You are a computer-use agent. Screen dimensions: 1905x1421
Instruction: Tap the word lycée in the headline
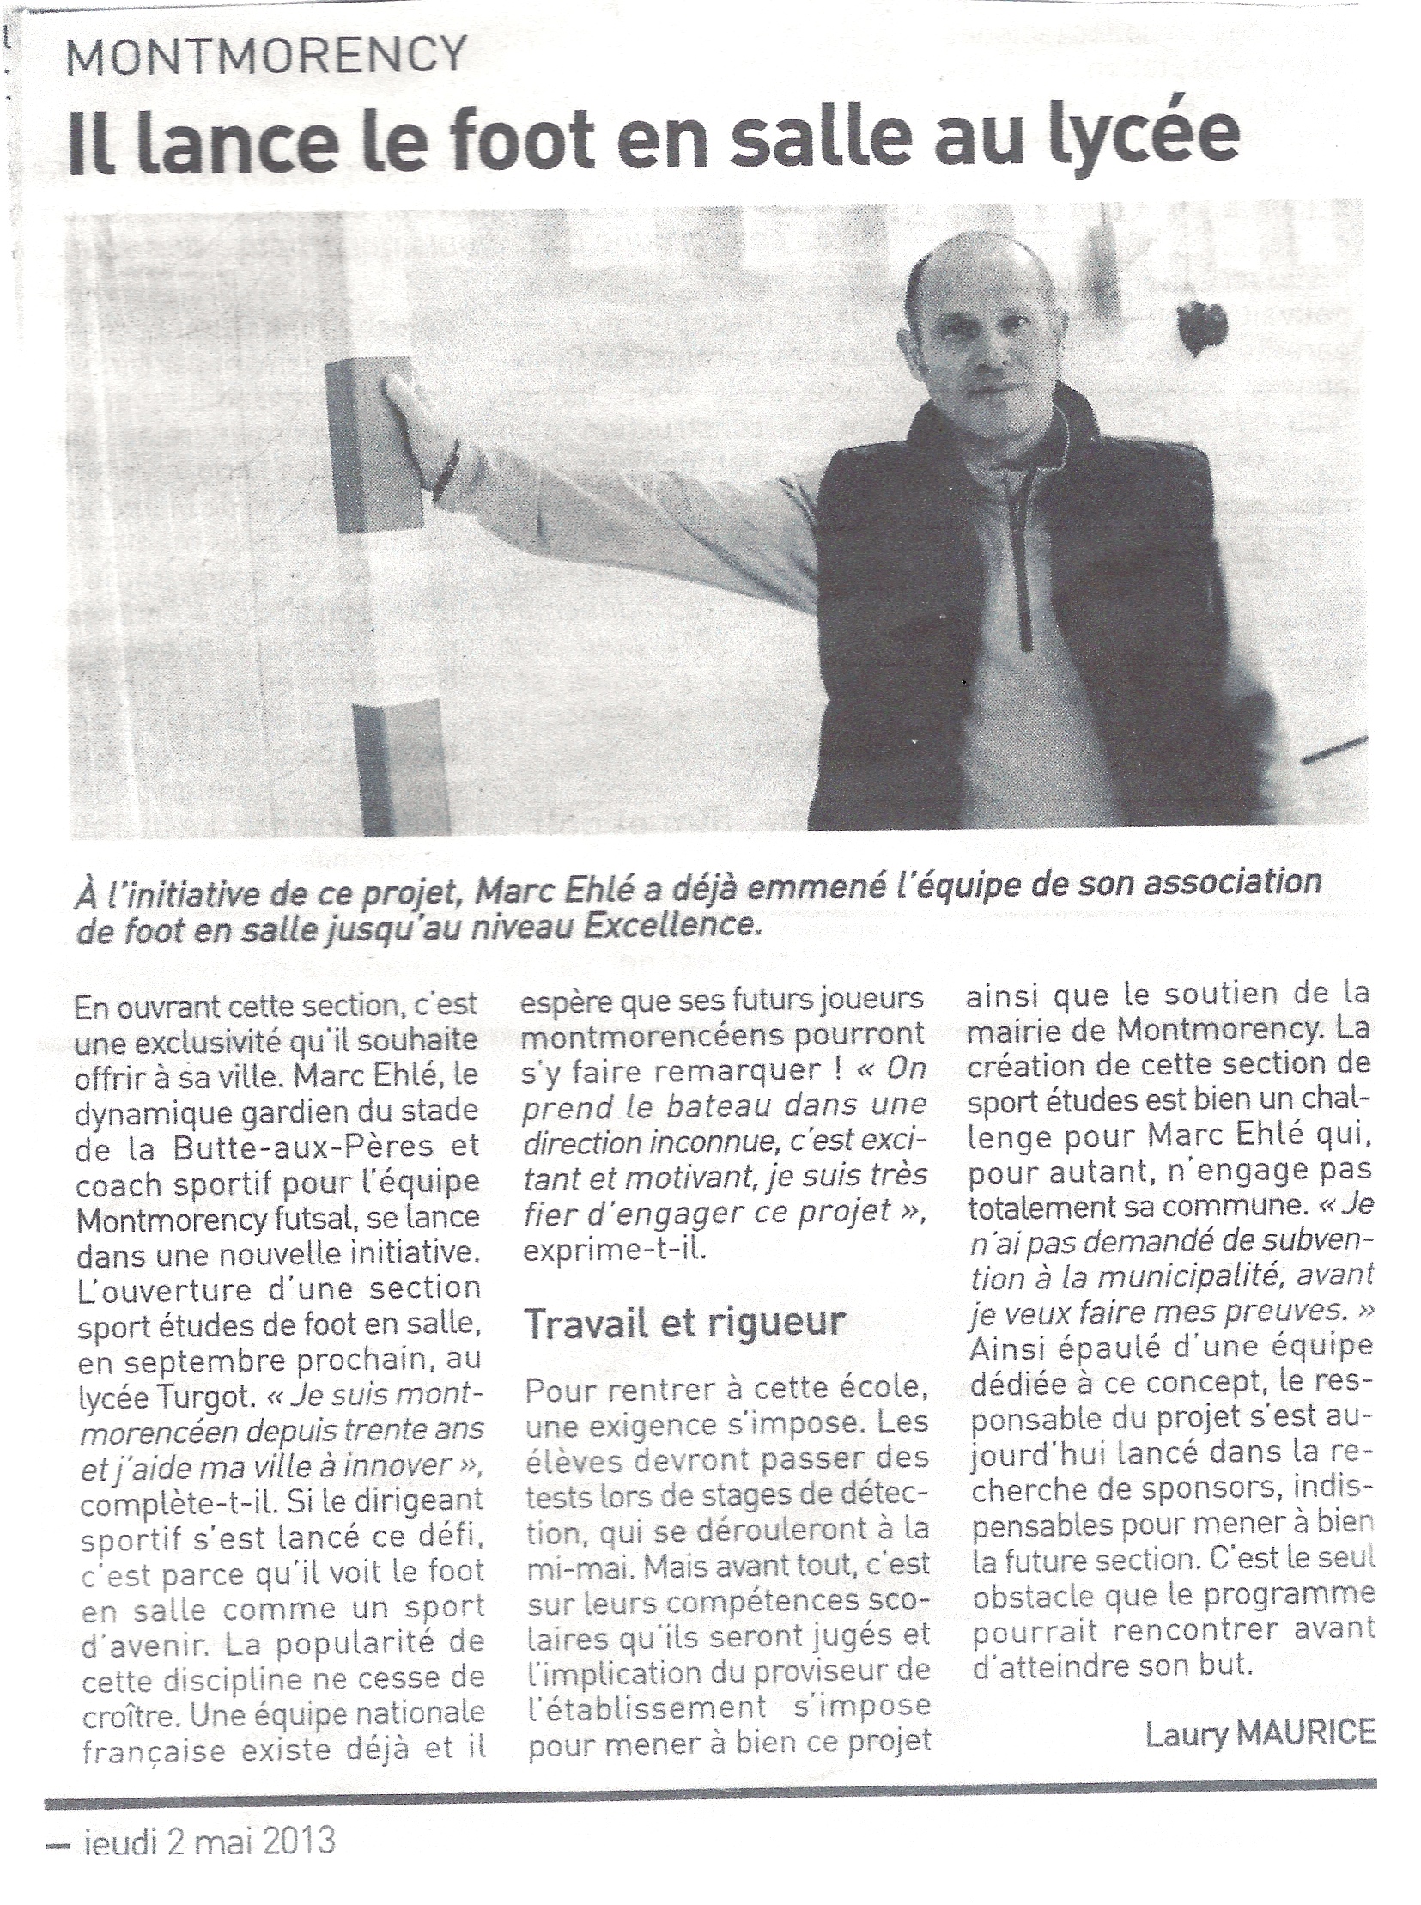coord(1151,136)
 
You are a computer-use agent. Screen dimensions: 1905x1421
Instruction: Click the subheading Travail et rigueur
coord(684,1322)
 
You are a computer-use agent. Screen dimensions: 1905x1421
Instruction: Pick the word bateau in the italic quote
coord(739,1103)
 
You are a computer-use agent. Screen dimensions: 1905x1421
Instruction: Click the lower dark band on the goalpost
coord(398,766)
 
